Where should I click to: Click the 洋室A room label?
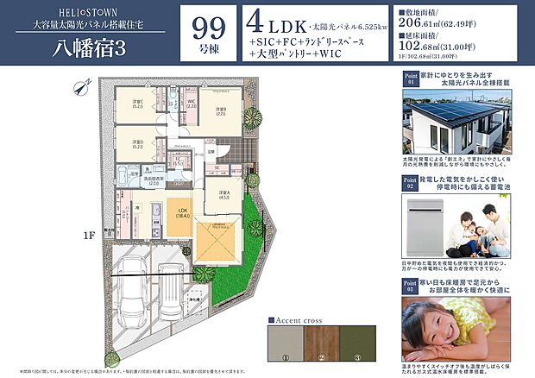(223, 194)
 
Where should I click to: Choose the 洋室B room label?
(220, 111)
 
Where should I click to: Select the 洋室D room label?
(137, 144)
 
